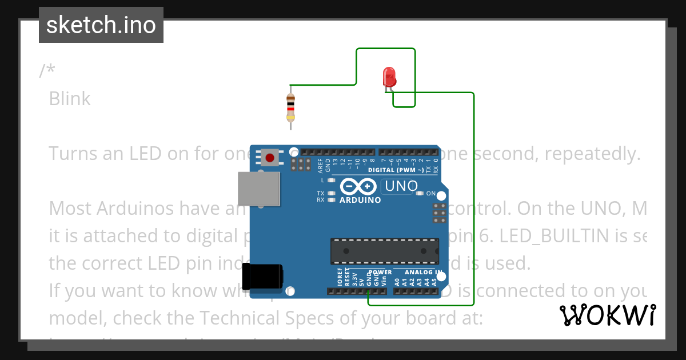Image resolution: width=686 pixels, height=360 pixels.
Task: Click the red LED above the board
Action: click(389, 77)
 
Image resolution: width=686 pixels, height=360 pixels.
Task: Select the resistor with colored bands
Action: click(290, 109)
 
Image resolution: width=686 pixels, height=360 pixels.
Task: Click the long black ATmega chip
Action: click(384, 251)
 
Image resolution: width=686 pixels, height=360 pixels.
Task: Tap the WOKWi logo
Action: click(608, 315)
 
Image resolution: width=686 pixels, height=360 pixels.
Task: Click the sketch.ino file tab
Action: click(101, 25)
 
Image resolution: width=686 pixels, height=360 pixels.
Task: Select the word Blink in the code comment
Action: click(70, 98)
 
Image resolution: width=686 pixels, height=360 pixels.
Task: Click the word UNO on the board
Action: click(401, 186)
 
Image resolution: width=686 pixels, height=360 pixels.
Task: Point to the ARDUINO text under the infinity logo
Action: click(360, 200)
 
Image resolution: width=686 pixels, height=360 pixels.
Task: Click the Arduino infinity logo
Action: click(358, 186)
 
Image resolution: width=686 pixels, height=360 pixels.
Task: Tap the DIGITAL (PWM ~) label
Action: click(396, 170)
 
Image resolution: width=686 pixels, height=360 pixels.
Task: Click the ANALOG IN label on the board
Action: click(423, 272)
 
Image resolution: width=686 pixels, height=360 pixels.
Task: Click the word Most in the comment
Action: click(71, 207)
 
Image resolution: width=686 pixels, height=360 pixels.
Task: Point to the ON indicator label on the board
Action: click(431, 193)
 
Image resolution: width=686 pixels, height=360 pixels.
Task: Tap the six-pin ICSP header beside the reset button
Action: click(300, 165)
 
